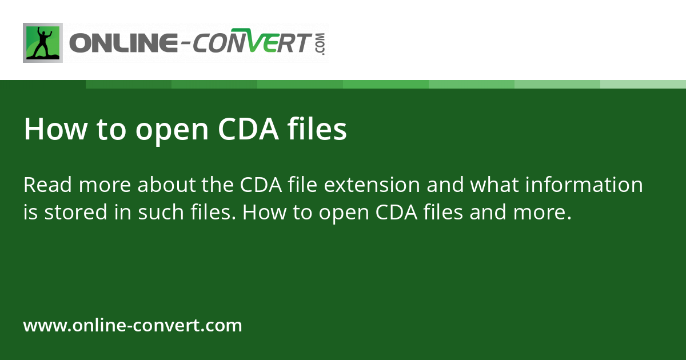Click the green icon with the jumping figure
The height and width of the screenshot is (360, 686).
42,43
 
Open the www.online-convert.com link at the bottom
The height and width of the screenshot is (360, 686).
133,326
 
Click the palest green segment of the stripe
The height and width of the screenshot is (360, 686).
643,84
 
